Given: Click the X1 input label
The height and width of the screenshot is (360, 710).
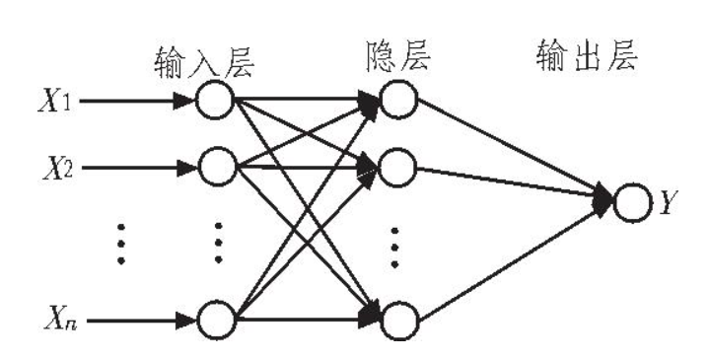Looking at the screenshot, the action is click(54, 101).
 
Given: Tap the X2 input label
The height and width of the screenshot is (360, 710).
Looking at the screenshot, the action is click(58, 169).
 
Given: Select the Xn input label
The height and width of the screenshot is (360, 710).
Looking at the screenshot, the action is click(60, 320).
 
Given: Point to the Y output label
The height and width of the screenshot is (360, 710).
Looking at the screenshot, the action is click(667, 202).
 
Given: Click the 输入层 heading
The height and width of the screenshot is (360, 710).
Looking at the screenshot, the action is click(204, 62).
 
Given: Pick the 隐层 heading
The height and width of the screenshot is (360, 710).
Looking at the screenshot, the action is click(397, 56).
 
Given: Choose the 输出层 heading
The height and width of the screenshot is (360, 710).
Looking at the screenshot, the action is click(587, 55).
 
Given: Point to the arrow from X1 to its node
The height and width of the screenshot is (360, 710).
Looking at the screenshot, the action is click(138, 101).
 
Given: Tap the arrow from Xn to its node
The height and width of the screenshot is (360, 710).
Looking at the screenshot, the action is click(143, 321).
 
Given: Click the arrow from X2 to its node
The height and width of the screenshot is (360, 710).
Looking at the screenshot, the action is click(140, 168).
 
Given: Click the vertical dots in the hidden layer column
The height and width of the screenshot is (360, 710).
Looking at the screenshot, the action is click(394, 248).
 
